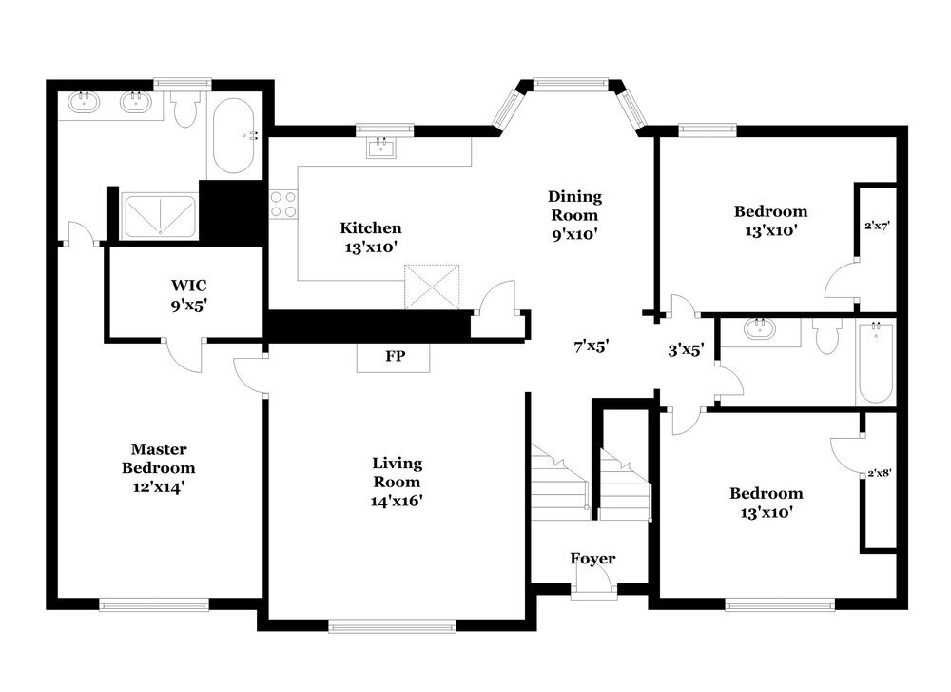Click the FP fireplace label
[x=393, y=357]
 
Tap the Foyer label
[x=592, y=559]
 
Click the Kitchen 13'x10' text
[x=370, y=236]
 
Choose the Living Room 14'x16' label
[x=397, y=481]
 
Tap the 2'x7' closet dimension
[x=876, y=227]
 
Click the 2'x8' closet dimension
[x=880, y=472]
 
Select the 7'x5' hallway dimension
[x=592, y=347]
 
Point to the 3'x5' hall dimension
[x=686, y=349]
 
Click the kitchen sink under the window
[x=383, y=147]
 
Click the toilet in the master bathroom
[x=185, y=109]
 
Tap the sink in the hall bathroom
[x=761, y=329]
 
